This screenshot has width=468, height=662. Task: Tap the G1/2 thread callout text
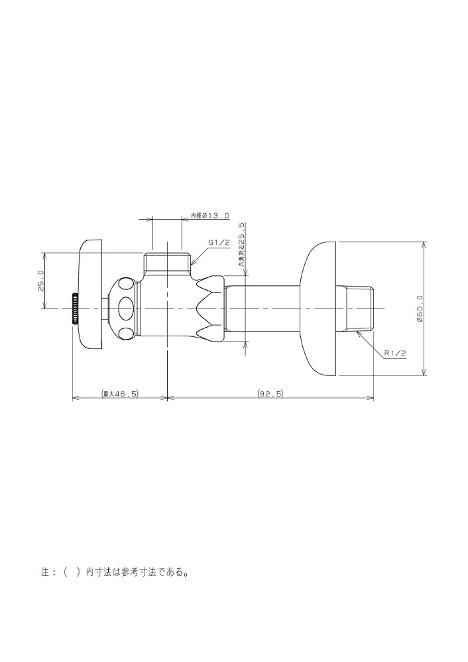(219, 243)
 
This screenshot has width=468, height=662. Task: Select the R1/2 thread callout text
(395, 354)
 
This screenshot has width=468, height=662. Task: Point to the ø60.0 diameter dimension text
(419, 308)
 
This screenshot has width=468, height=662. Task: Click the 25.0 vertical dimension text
(40, 281)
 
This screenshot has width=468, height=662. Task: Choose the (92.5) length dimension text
(270, 393)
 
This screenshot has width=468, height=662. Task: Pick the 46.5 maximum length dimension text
(119, 393)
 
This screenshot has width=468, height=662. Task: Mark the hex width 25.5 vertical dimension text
(242, 246)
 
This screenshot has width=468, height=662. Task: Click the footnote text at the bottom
(115, 573)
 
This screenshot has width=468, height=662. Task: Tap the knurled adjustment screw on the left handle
(76, 308)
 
